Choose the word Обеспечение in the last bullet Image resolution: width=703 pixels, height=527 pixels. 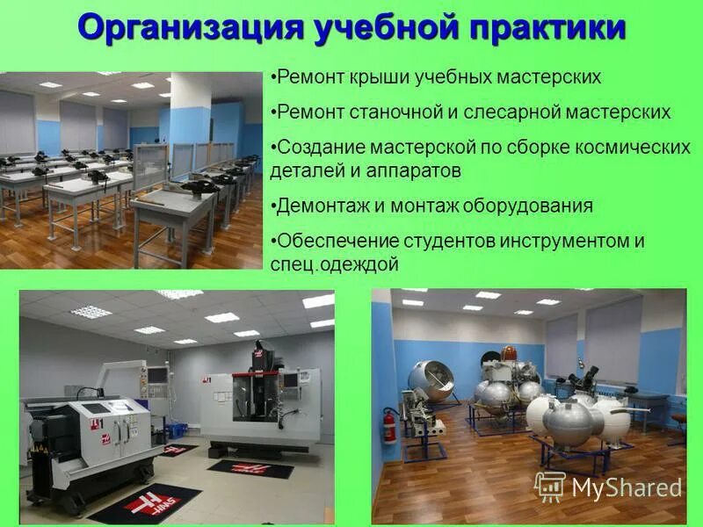pyautogui.click(x=337, y=241)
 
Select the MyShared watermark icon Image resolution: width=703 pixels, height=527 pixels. pyautogui.click(x=550, y=486)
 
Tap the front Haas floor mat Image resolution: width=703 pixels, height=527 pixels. pyautogui.click(x=145, y=502)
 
